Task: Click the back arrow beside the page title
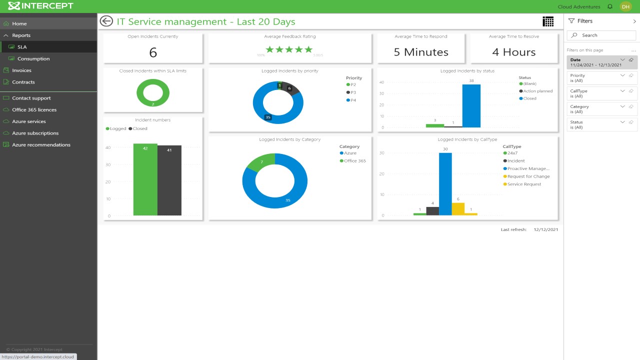[106, 21]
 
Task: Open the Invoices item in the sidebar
[21, 70]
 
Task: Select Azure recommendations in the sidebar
[41, 145]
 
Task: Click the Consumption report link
[33, 58]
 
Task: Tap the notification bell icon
[610, 6]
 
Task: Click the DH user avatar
[625, 6]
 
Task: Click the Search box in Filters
[601, 35]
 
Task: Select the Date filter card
[601, 62]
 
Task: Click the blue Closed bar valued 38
[471, 106]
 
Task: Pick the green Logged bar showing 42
[145, 180]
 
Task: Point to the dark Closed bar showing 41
[169, 181]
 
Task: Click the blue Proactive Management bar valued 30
[445, 184]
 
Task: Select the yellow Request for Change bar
[458, 209]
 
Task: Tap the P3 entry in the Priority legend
[353, 92]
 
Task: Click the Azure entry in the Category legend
[350, 153]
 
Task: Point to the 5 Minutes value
[421, 52]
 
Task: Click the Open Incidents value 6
[153, 52]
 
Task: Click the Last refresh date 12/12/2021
[545, 229]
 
